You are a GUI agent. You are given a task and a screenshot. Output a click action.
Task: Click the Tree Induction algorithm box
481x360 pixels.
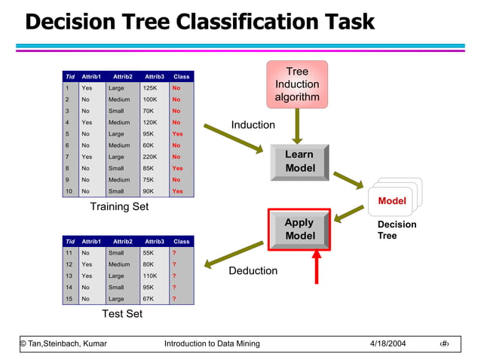(297, 84)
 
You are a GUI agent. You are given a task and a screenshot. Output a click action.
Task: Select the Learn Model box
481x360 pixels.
(299, 161)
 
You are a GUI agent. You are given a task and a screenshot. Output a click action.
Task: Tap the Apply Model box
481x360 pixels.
(299, 229)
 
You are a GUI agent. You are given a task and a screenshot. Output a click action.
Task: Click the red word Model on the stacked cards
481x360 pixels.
(391, 201)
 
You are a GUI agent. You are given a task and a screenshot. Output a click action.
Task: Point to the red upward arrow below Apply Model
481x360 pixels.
(317, 267)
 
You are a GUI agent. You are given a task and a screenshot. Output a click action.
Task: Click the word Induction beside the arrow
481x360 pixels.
(253, 125)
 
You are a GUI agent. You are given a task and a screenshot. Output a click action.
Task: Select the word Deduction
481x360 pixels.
(253, 270)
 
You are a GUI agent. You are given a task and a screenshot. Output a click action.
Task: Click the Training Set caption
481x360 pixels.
(119, 206)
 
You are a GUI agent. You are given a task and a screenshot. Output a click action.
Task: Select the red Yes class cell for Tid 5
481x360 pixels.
(177, 134)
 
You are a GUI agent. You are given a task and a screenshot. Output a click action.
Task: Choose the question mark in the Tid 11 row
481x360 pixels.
(174, 253)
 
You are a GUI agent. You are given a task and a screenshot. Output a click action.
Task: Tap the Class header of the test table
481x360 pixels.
(181, 242)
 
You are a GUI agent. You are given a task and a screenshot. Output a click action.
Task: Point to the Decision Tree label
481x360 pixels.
(397, 230)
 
